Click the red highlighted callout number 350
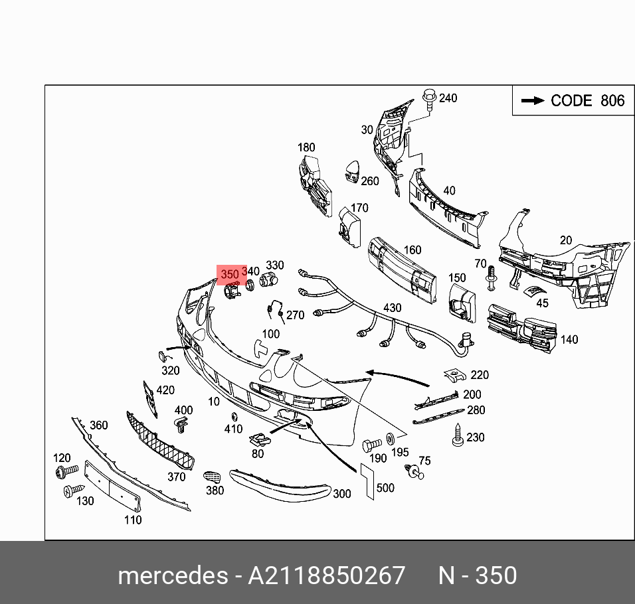tap(230, 274)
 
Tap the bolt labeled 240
tap(429, 100)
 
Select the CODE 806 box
tap(573, 101)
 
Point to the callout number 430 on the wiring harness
tap(393, 309)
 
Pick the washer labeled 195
tap(389, 439)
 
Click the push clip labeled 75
tap(415, 471)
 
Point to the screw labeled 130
tap(70, 492)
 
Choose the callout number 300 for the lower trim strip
tap(341, 493)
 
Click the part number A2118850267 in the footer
tap(326, 575)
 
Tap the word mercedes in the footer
tap(172, 575)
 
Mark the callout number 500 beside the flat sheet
tap(385, 488)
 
